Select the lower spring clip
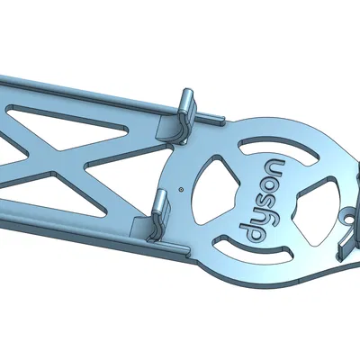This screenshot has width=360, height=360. coord(160,208)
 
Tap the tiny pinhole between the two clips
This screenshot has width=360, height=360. coord(181,190)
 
